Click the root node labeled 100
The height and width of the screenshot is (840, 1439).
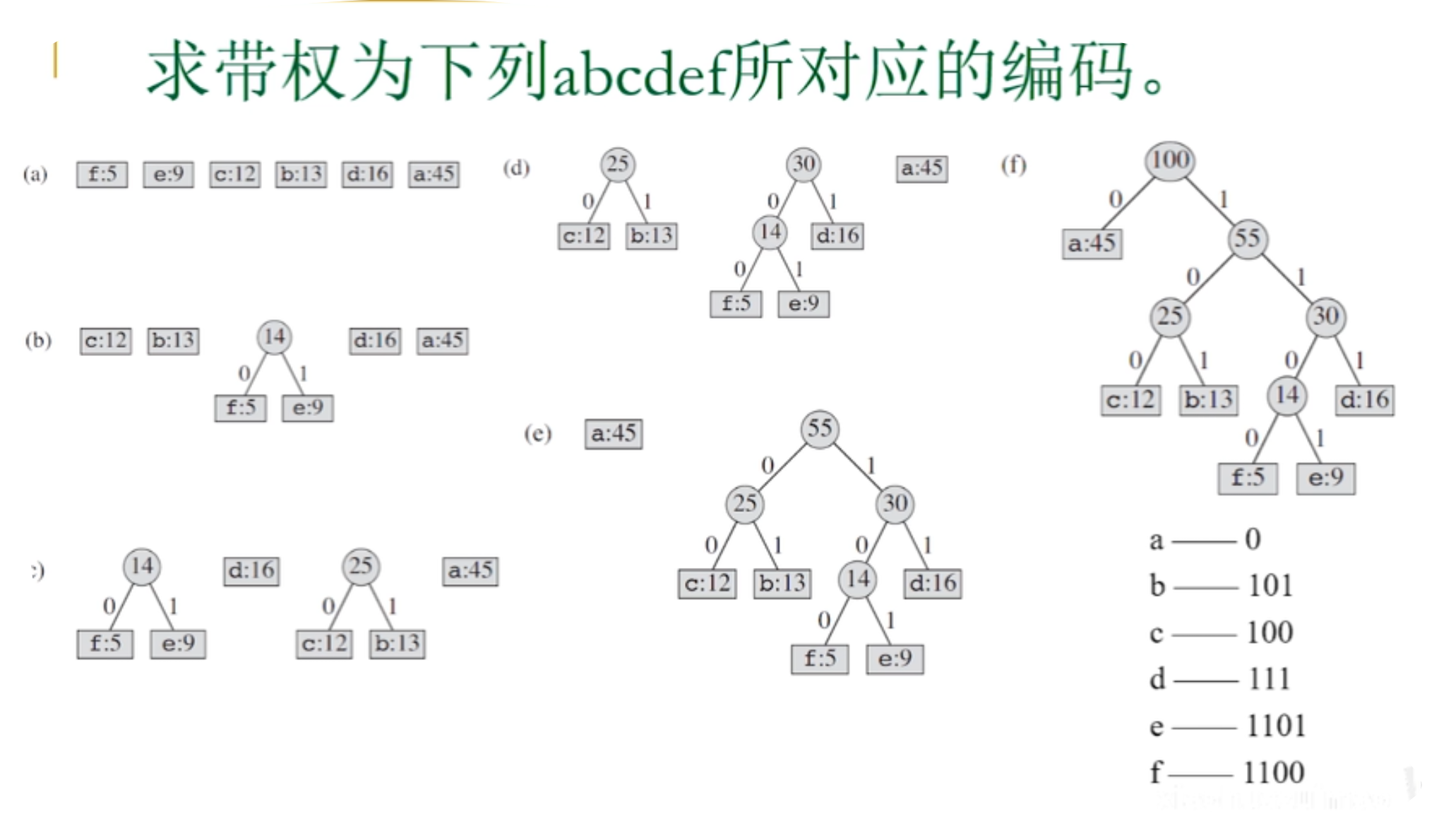(x=1170, y=160)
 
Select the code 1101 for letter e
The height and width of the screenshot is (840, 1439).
(x=1276, y=726)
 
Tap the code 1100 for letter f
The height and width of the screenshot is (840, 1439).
(x=1274, y=772)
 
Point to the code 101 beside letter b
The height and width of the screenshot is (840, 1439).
(x=1270, y=586)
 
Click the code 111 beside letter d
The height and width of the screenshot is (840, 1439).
(x=1270, y=679)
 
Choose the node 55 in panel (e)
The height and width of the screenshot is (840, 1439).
(x=820, y=428)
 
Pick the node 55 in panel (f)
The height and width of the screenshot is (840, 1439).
(x=1247, y=239)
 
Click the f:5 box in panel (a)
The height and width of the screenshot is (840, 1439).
(x=102, y=174)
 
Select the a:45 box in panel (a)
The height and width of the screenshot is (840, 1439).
(x=434, y=174)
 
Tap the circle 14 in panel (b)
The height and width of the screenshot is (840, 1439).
(x=274, y=337)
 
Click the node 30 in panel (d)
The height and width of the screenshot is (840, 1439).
(x=804, y=165)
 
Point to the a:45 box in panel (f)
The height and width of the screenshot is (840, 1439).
(x=1092, y=244)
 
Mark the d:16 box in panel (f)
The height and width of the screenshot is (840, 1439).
(x=1365, y=401)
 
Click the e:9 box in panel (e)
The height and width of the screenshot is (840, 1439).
(x=895, y=659)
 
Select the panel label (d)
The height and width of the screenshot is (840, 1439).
(x=516, y=168)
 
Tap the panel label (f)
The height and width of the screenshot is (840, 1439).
(x=1013, y=165)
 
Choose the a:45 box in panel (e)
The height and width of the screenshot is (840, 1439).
(x=614, y=433)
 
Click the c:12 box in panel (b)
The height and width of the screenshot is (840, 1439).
(x=106, y=341)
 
